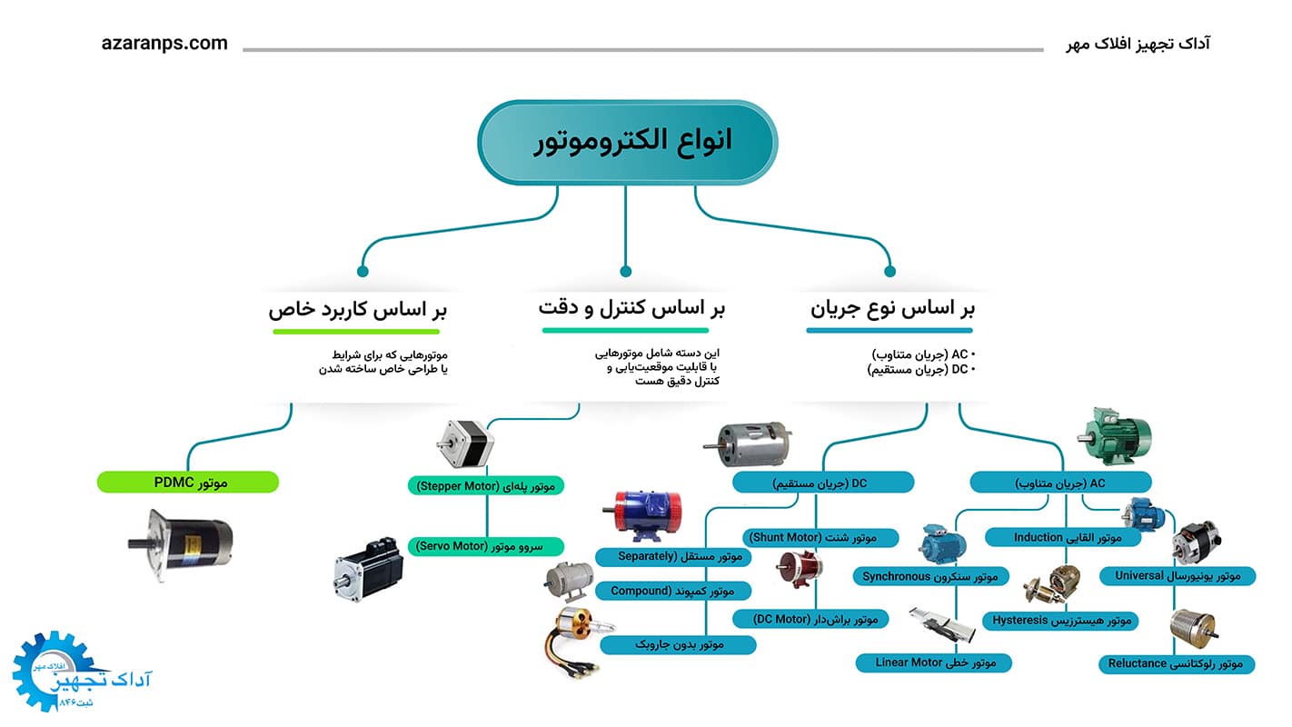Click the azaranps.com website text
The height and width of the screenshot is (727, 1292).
(x=164, y=44)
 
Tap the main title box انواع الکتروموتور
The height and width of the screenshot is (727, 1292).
(x=627, y=142)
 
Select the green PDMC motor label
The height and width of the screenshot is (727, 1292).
(x=188, y=483)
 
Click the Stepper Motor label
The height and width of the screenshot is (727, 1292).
(x=486, y=486)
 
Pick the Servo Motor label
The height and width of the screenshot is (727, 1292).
(x=486, y=546)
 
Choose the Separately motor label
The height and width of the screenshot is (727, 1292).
(x=673, y=556)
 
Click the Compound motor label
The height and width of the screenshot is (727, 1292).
(x=673, y=592)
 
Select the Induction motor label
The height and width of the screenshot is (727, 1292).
(x=1064, y=538)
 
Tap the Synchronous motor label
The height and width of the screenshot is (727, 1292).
(x=931, y=576)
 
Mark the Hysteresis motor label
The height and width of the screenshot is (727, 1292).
(x=1060, y=621)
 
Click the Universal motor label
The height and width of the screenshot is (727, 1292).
(x=1178, y=576)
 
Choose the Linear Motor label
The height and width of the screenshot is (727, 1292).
(x=934, y=662)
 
